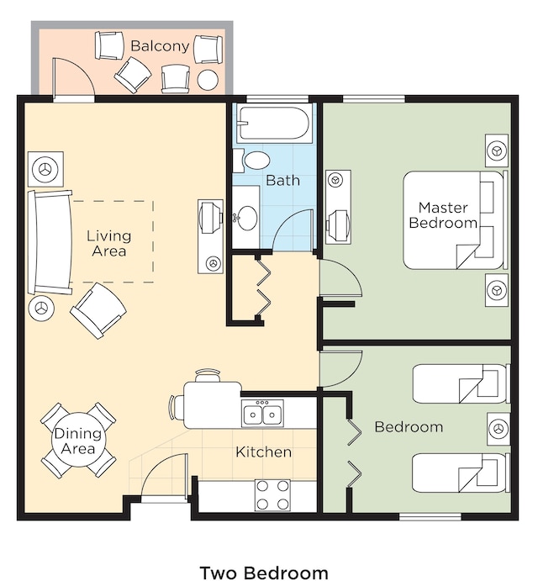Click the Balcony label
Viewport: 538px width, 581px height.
tap(160, 46)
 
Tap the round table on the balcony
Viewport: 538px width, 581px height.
tap(208, 80)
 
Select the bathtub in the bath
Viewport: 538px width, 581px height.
tap(273, 123)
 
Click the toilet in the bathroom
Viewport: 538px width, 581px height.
tap(252, 160)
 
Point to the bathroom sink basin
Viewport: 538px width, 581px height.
tap(246, 217)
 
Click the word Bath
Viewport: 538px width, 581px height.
tap(282, 181)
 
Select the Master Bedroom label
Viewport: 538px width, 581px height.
tap(443, 215)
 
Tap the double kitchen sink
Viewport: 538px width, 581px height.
tap(262, 413)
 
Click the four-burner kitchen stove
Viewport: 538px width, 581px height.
tap(272, 495)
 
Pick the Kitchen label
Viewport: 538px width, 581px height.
tap(263, 452)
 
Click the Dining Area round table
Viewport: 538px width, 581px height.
tap(78, 440)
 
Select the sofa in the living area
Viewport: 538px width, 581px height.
tap(50, 242)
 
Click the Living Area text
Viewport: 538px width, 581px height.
tap(109, 244)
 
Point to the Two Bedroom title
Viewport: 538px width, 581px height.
tap(264, 573)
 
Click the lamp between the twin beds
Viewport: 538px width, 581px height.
tap(498, 429)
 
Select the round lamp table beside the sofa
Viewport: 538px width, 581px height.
tap(41, 308)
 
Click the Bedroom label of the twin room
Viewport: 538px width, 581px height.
tap(409, 427)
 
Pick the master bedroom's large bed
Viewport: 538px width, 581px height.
tap(455, 220)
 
